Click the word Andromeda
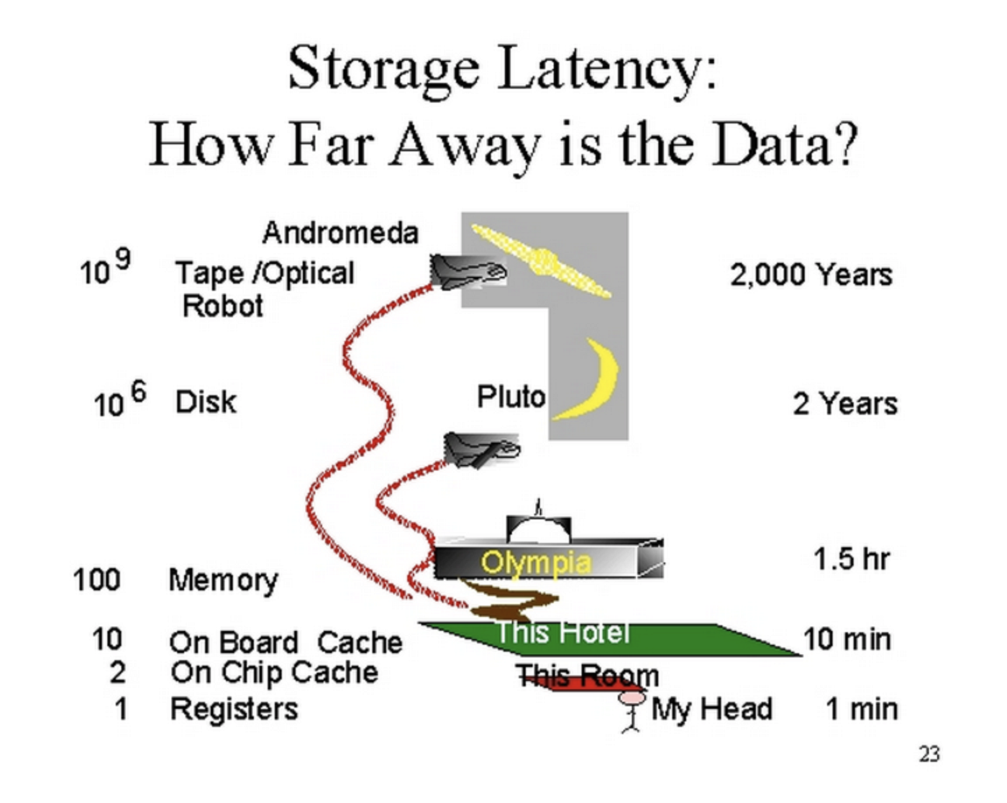[340, 233]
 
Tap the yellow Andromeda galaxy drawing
[543, 261]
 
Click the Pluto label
[511, 396]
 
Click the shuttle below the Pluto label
[480, 450]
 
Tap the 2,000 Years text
[811, 275]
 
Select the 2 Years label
[845, 404]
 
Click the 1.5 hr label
[851, 559]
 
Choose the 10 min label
[847, 639]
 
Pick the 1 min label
[861, 710]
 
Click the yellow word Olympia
[536, 562]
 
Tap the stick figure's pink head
[632, 697]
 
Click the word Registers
[234, 710]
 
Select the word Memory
[223, 580]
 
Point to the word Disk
[206, 403]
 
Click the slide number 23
[929, 754]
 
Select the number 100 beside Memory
[96, 579]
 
